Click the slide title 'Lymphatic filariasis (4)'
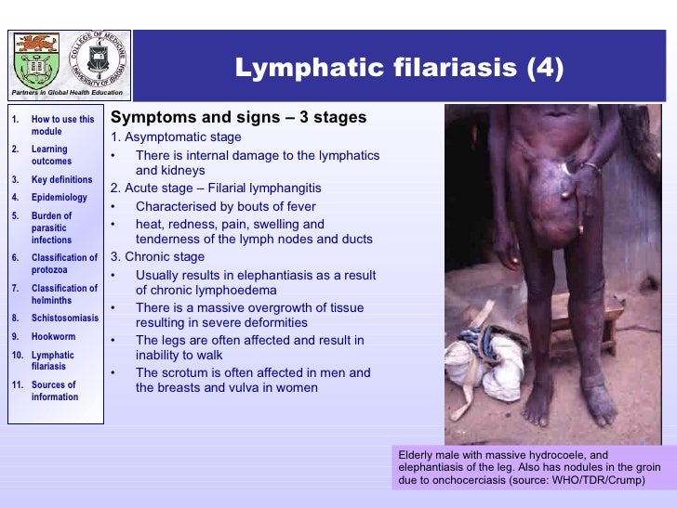tap(398, 70)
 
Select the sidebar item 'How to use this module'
tap(62, 125)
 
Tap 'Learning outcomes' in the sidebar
tap(50, 155)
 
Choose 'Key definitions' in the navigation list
tap(61, 179)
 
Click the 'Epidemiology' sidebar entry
tap(59, 197)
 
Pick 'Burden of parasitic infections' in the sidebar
tap(53, 227)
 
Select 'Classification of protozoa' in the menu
tap(64, 264)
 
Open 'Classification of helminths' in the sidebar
tap(64, 294)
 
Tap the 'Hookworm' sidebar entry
tap(53, 337)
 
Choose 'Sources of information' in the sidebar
tap(54, 391)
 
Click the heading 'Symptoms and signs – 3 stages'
tap(238, 118)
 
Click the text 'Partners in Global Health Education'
tap(66, 93)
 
